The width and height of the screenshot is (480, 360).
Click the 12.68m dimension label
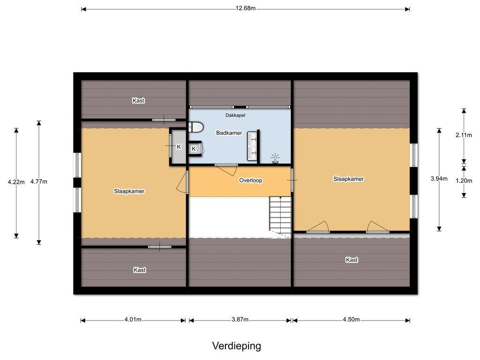[x=245, y=8]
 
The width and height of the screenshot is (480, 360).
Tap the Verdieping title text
[x=237, y=346]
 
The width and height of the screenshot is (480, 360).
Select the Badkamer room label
[x=229, y=133]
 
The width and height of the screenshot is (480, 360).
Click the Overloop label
[x=251, y=180]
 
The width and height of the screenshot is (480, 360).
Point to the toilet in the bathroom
[x=196, y=127]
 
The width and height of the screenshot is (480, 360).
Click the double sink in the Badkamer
[x=252, y=146]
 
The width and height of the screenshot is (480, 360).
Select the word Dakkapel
[x=235, y=115]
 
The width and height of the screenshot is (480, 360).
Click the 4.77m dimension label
[x=39, y=181]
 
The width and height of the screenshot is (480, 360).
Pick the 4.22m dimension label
[x=16, y=182]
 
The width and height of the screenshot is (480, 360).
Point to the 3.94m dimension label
[x=439, y=179]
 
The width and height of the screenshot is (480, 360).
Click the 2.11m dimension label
[x=464, y=135]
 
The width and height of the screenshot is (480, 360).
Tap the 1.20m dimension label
[x=464, y=180]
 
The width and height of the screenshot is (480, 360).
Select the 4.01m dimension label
[x=133, y=320]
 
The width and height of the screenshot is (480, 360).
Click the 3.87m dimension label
[x=240, y=320]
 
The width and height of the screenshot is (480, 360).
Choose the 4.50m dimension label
[x=351, y=320]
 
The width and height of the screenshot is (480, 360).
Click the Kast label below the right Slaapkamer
[x=352, y=260]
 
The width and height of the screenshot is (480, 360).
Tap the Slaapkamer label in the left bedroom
[x=129, y=191]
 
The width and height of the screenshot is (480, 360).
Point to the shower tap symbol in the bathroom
[x=275, y=158]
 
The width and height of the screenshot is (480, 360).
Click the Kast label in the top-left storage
[x=138, y=100]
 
